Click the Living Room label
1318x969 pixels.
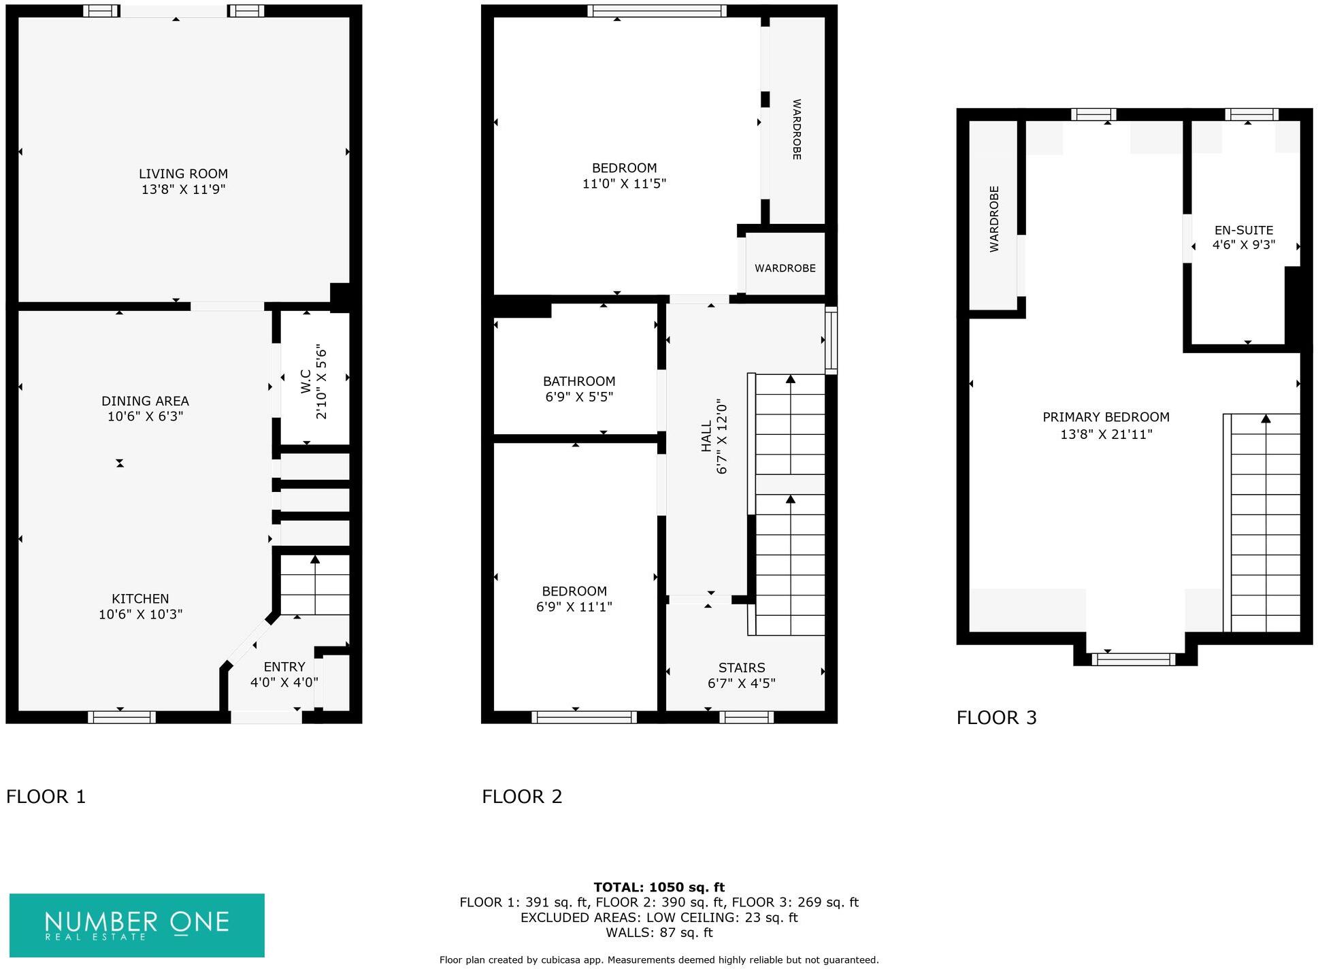tap(183, 174)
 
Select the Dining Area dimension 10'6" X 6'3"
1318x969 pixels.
tap(145, 416)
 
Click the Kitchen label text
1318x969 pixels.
tap(140, 599)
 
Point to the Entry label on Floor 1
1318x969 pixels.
tap(284, 667)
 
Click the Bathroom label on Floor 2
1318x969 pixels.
tap(579, 382)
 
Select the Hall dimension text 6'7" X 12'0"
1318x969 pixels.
tap(722, 436)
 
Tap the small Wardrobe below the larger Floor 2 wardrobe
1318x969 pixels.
tap(785, 268)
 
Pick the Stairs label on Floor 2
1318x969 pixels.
tap(741, 668)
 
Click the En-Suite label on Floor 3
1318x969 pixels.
tap(1243, 230)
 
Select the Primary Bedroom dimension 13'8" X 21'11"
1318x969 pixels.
tap(1106, 434)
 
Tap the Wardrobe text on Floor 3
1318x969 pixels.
tap(994, 219)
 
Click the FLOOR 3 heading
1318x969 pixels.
tap(996, 718)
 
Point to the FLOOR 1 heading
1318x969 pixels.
tap(46, 797)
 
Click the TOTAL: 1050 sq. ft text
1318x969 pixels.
tap(658, 887)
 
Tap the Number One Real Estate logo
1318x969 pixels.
tap(137, 925)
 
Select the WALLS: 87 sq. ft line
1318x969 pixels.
tap(658, 933)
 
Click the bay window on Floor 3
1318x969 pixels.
tap(1133, 659)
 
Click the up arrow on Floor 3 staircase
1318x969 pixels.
tap(1265, 419)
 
